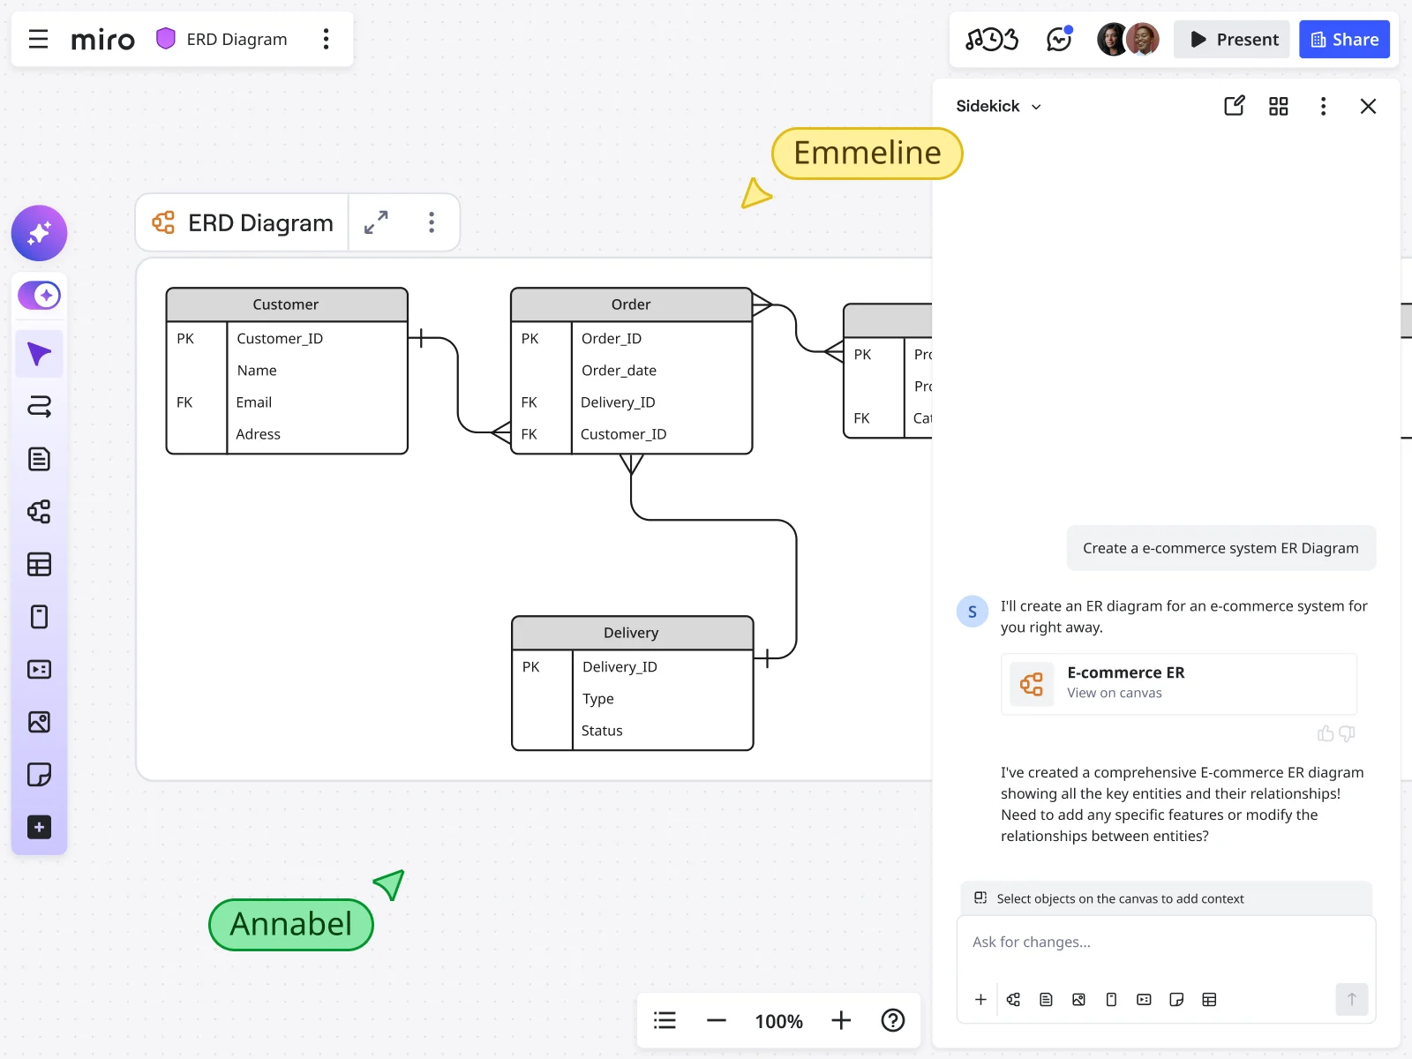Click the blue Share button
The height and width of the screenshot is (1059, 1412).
[x=1343, y=40]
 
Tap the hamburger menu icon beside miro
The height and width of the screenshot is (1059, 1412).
[x=38, y=40]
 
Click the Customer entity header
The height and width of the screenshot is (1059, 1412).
[x=286, y=304]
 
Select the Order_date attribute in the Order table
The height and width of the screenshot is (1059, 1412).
[x=619, y=371]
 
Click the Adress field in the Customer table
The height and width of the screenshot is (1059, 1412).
[x=258, y=434]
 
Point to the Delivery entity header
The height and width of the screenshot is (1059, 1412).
[x=631, y=633]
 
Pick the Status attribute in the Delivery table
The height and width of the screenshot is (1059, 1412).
[x=602, y=731]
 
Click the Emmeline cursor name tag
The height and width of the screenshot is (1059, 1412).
[x=867, y=154]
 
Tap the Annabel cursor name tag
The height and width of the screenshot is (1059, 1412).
[x=291, y=924]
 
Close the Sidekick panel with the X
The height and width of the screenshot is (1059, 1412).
[x=1368, y=107]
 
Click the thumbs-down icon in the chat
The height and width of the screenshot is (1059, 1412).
[x=1347, y=733]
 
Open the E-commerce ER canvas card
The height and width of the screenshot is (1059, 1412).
[x=1178, y=683]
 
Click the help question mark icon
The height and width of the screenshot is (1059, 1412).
[x=892, y=1021]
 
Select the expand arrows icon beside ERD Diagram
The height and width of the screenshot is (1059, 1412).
[x=376, y=222]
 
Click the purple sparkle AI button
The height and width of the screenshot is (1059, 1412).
[x=39, y=233]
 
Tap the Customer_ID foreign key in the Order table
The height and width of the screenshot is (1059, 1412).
[x=623, y=434]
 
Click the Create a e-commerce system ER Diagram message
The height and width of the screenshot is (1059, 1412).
[x=1220, y=548]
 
